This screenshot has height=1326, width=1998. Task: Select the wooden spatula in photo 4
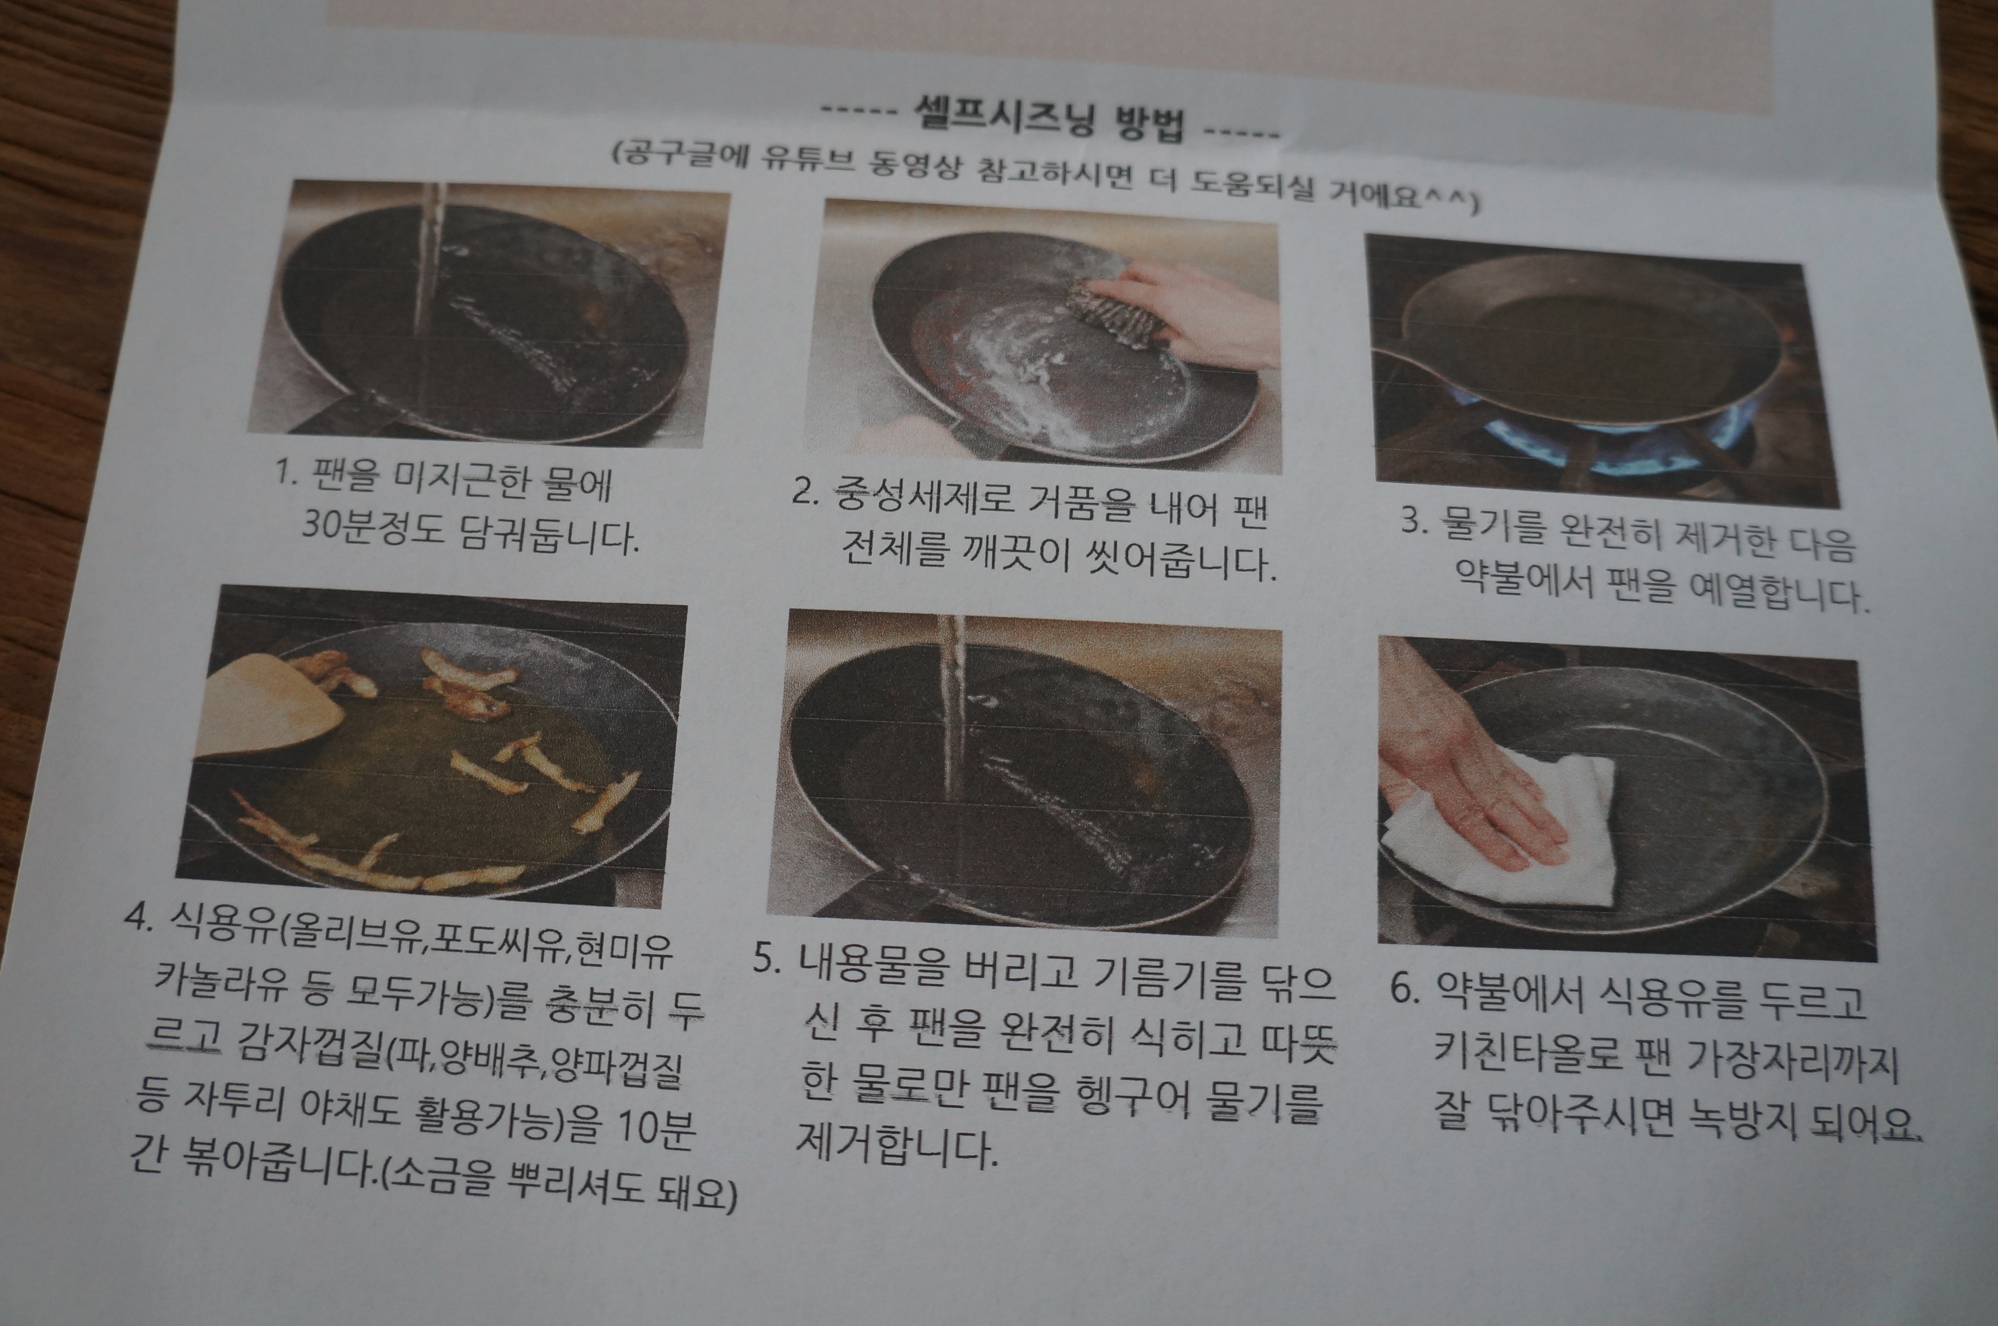pyautogui.click(x=270, y=706)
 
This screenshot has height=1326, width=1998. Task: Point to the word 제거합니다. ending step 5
pyautogui.click(x=897, y=1147)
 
